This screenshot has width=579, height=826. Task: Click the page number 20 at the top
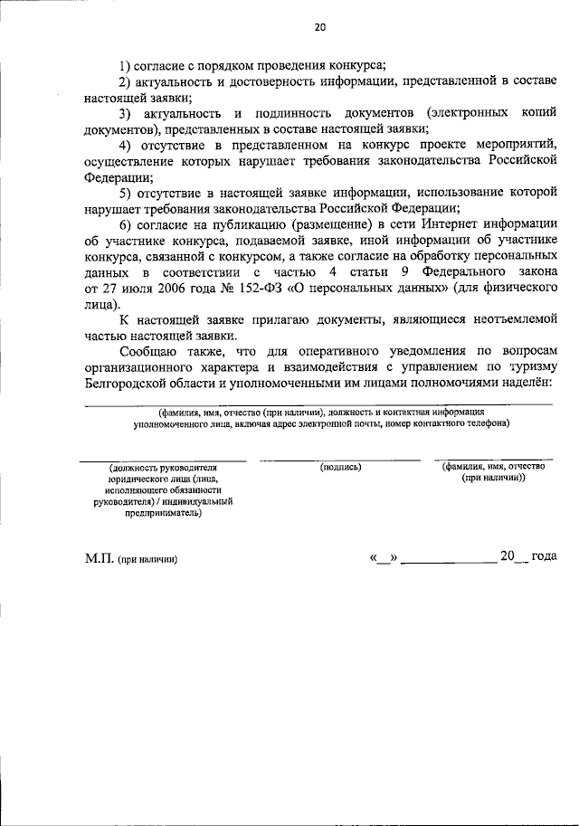coord(318,27)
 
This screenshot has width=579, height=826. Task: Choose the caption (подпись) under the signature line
coord(340,467)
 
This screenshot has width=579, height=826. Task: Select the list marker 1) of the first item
coord(127,64)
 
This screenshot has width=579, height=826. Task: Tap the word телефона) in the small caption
coord(479,422)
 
